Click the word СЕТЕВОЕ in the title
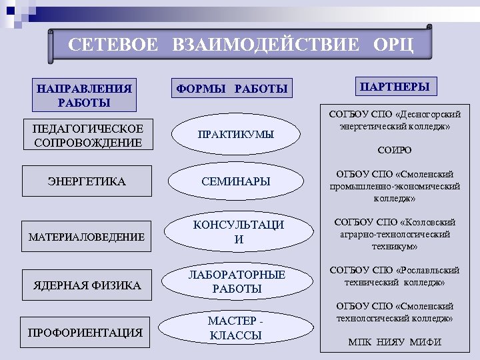click(113, 45)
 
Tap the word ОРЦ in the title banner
click(393, 45)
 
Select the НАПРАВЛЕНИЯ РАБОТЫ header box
click(84, 95)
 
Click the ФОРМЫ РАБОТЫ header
click(231, 88)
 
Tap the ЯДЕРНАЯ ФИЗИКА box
click(87, 285)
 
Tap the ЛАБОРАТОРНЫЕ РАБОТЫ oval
click(237, 282)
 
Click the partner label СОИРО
click(394, 151)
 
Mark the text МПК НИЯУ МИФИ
click(394, 343)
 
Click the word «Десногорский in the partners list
click(423, 114)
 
